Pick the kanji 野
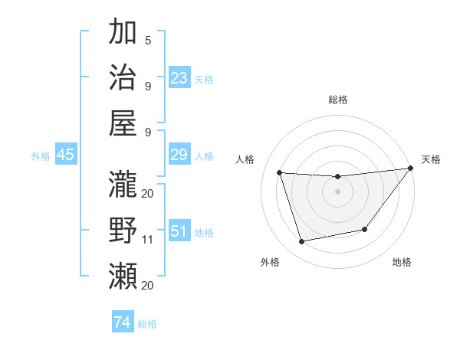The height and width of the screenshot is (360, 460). coord(123,229)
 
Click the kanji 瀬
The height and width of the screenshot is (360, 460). coord(123,275)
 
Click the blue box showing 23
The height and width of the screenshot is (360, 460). coord(179,77)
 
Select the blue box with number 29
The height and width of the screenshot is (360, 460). coord(179,155)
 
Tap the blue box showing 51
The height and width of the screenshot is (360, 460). coord(179,231)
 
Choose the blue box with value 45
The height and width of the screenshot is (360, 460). coord(66,155)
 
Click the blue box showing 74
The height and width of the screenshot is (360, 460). coord(122,322)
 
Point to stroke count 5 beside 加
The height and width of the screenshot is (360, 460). coord(148,40)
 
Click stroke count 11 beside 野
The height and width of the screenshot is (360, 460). coord(148,240)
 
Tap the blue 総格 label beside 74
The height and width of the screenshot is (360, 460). coord(147,324)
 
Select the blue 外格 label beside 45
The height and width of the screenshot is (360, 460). coord(41,156)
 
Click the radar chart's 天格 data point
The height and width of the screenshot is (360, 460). coord(410,169)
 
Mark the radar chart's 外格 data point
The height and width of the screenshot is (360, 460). coord(302,242)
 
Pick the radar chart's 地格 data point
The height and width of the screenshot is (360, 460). coord(365,229)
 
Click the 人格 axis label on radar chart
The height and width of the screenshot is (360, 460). coord(245,159)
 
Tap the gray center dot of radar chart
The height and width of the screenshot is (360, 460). coord(337,191)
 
